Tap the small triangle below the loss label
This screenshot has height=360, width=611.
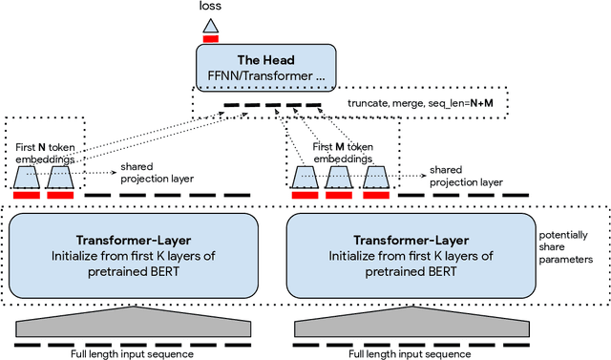point(211,25)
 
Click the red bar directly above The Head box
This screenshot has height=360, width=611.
point(211,39)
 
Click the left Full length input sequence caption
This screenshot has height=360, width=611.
point(133,354)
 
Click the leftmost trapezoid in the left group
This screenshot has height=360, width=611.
point(27,177)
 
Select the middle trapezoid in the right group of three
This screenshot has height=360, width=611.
point(342,177)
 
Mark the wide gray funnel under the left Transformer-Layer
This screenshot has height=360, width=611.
point(133,325)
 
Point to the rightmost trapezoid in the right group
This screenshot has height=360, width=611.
point(375,177)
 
